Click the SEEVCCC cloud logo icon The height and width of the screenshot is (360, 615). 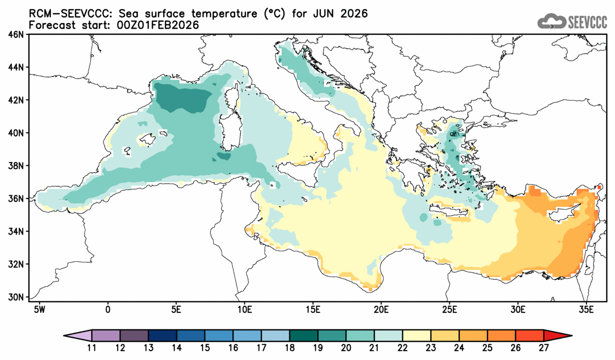coord(551,21)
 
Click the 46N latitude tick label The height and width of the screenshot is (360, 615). coord(17,34)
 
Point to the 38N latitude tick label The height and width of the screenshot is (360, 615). coord(17,166)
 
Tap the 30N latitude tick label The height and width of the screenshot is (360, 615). coord(17,297)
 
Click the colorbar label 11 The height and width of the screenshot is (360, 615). coord(91,348)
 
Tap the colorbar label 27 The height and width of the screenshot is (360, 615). coord(544,348)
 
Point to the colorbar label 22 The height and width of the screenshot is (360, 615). coord(402,348)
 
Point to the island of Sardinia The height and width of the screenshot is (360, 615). coord(229,129)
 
